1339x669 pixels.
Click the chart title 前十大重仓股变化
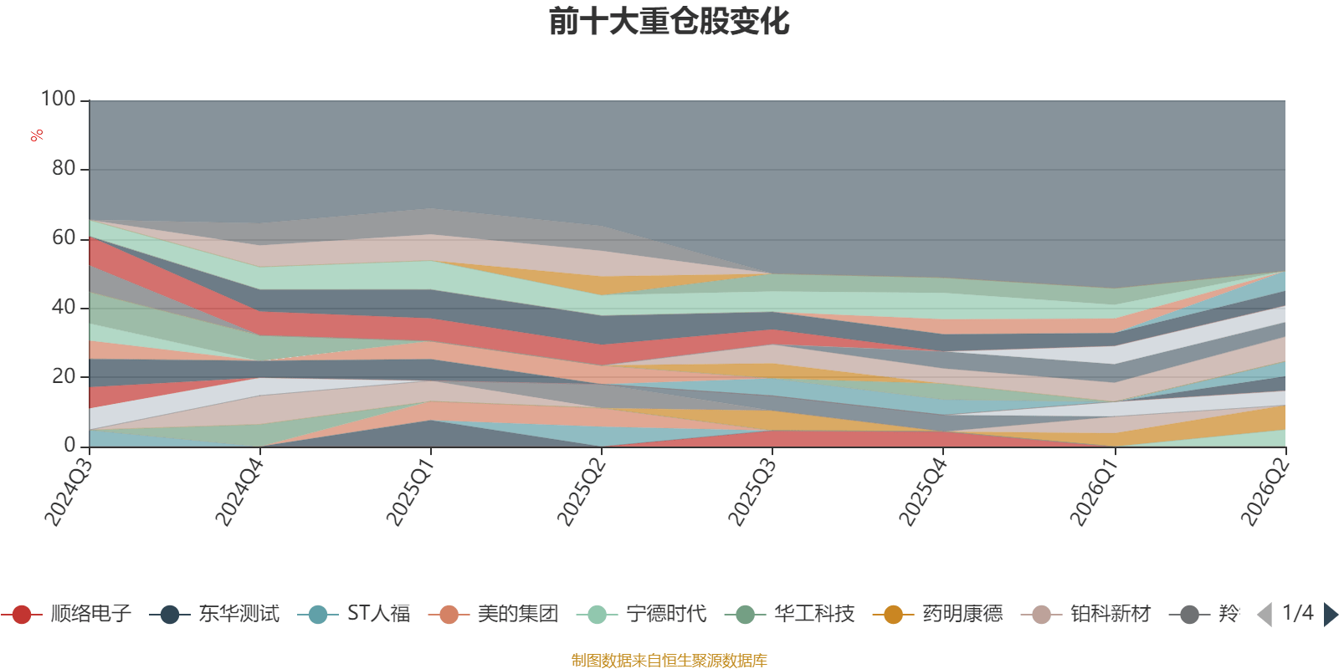click(669, 22)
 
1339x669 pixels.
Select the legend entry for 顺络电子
click(66, 614)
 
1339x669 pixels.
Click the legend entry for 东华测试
click(214, 614)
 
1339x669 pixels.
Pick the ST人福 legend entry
click(354, 614)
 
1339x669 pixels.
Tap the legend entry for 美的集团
click(493, 614)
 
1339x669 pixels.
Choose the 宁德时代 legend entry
click(641, 614)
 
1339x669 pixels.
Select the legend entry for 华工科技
click(790, 614)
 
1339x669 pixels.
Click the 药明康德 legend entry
click(938, 614)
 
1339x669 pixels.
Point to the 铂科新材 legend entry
click(1086, 614)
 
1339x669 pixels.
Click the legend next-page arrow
click(1331, 615)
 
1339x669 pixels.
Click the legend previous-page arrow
click(1265, 615)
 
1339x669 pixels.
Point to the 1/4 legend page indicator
click(1298, 613)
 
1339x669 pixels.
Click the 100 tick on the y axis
click(58, 100)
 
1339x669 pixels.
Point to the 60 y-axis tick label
click(64, 238)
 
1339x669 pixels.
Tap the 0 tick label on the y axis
click(70, 446)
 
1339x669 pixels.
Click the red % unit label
click(37, 135)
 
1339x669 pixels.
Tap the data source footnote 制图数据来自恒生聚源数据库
click(669, 660)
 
